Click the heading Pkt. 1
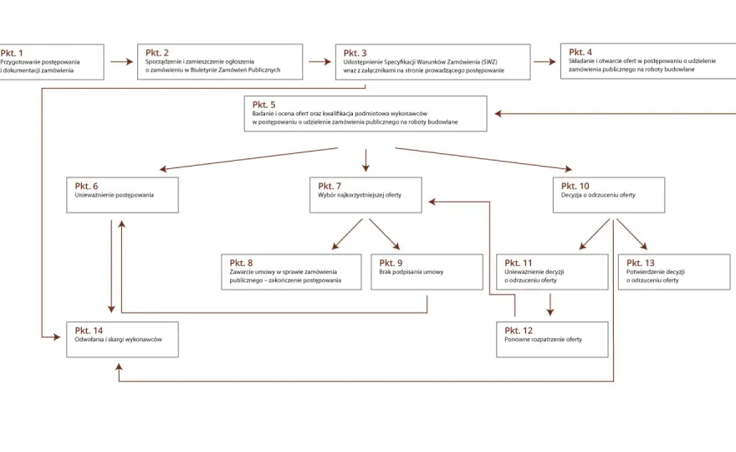12,53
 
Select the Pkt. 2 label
156,53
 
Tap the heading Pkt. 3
355,53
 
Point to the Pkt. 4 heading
580,52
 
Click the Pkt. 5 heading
263,105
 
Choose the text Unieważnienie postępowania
114,195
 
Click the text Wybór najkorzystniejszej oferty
360,195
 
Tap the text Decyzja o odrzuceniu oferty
598,195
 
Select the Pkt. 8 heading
241,263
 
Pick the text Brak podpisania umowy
411,271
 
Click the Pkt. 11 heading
519,263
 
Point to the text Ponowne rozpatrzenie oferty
543,339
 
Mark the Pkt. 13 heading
641,263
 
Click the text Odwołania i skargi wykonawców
118,339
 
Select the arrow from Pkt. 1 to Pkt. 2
122,62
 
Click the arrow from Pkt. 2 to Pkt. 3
320,62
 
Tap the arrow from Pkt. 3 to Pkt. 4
545,62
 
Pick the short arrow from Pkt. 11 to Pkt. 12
550,305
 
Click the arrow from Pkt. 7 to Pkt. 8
347,234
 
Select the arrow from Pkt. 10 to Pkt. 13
631,234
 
